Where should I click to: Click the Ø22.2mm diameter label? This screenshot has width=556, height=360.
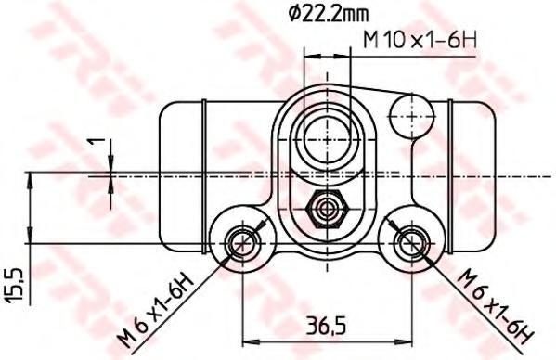pyautogui.click(x=329, y=14)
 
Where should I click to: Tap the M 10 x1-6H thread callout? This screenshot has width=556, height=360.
pyautogui.click(x=420, y=40)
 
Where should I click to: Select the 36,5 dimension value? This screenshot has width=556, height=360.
pyautogui.click(x=325, y=326)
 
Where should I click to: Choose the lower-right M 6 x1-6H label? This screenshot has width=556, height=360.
pyautogui.click(x=496, y=307)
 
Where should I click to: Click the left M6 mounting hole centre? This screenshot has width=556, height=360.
pyautogui.click(x=243, y=243)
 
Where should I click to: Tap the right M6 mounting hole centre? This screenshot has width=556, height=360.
pyautogui.click(x=412, y=243)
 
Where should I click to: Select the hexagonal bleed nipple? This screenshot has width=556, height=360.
pyautogui.click(x=327, y=209)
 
